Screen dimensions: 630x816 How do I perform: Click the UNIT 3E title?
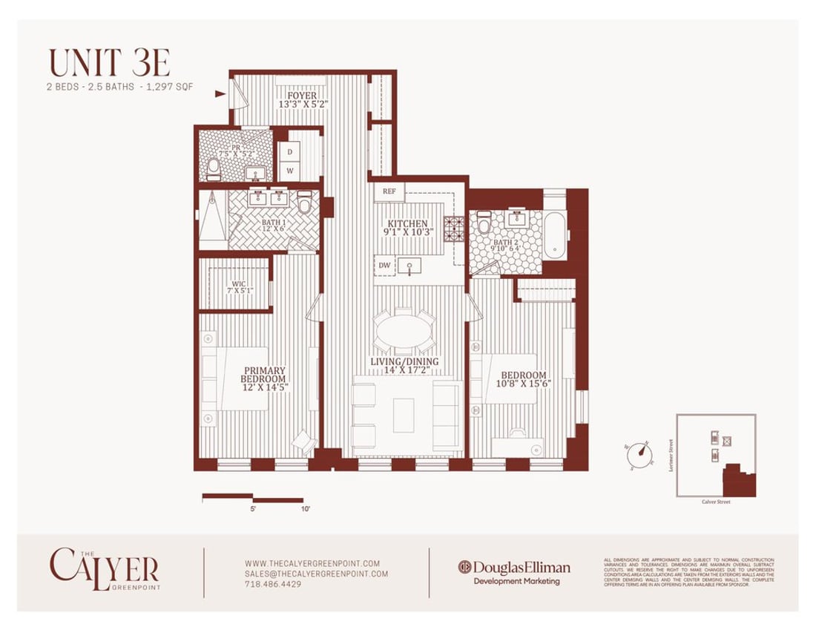(x=111, y=63)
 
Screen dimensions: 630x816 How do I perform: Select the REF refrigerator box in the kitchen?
(x=389, y=191)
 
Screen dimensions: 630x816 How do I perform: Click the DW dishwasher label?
(x=384, y=264)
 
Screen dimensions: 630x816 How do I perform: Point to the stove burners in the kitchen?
(x=453, y=229)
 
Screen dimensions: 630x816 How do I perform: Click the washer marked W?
(x=289, y=171)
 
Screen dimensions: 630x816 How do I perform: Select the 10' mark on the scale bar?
(x=304, y=509)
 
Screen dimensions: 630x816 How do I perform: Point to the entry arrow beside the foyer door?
(x=220, y=94)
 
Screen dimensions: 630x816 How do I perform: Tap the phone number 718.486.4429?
(x=272, y=584)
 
